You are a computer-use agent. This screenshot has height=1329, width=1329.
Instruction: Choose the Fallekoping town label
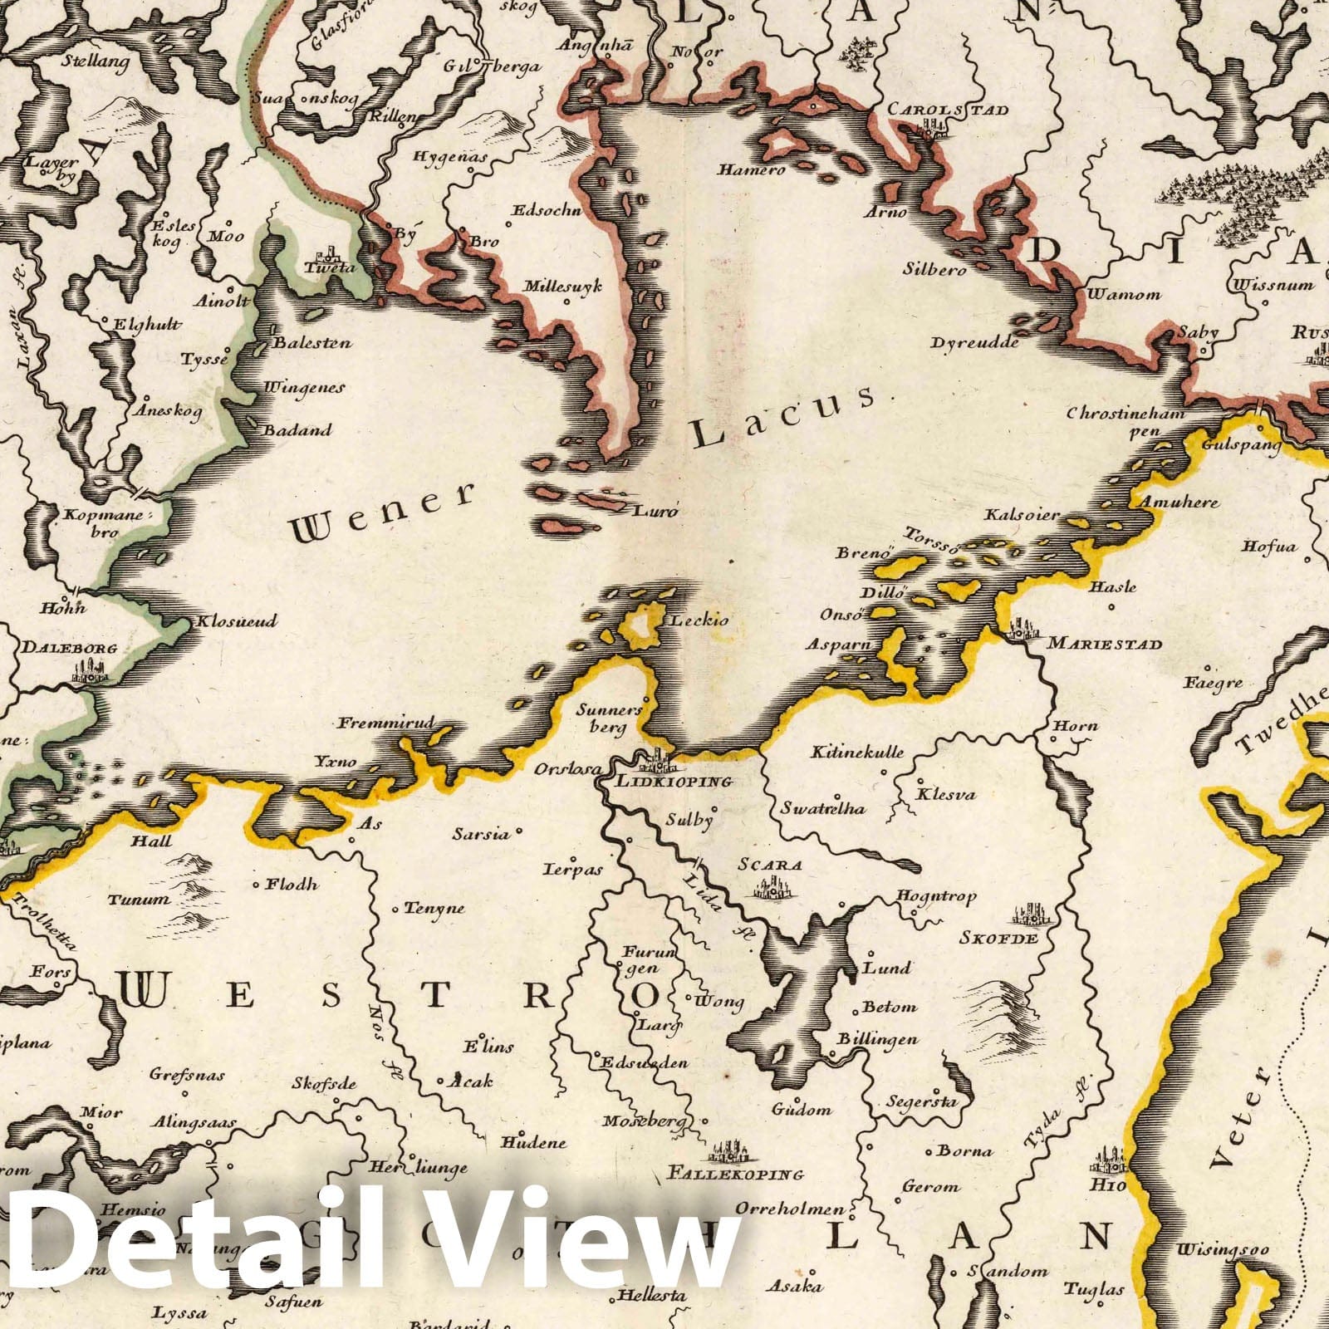point(735,1174)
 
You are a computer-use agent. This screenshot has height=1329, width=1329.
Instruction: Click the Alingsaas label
point(193,1123)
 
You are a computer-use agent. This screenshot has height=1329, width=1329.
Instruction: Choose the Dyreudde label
point(973,342)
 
